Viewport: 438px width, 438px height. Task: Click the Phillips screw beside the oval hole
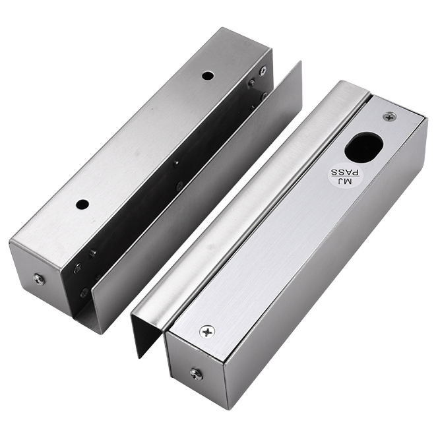click(390, 117)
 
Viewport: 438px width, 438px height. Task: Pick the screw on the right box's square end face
click(196, 373)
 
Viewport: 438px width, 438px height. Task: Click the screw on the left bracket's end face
click(39, 280)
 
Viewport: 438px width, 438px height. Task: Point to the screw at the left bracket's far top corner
click(262, 71)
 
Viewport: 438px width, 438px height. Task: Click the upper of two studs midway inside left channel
click(177, 163)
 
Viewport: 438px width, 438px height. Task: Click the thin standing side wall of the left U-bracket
click(198, 198)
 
